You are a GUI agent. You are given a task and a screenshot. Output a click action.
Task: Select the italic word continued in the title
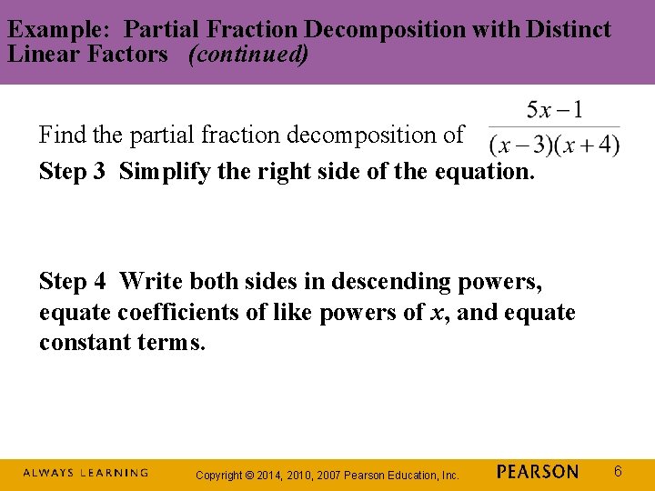[x=247, y=54]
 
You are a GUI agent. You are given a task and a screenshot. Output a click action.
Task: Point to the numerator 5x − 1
[x=555, y=112]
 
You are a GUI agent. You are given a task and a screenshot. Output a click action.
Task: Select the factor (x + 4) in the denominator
[x=588, y=145]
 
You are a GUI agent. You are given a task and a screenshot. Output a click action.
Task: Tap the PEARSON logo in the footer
[x=538, y=472]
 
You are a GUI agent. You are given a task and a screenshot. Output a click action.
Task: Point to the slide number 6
[x=618, y=471]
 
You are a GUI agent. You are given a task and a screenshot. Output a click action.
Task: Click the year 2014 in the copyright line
[x=275, y=475]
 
